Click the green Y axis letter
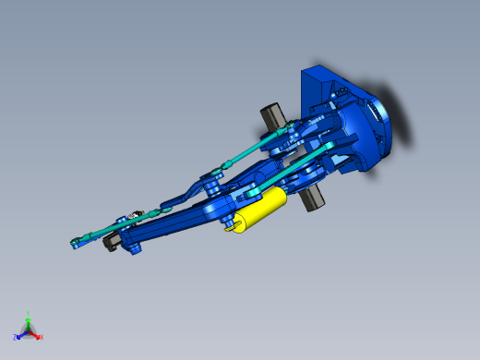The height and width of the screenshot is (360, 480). pos(29,314)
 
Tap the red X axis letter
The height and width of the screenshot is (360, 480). pos(41,337)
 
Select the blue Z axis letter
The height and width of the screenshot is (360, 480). pos(16,338)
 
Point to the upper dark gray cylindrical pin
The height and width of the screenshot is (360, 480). pos(272,116)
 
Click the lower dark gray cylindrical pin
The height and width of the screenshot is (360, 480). pos(313,197)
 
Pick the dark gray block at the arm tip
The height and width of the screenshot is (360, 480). pos(108,243)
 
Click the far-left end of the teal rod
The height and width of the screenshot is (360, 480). pos(75,245)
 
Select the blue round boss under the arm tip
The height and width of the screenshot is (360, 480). pos(138,249)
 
